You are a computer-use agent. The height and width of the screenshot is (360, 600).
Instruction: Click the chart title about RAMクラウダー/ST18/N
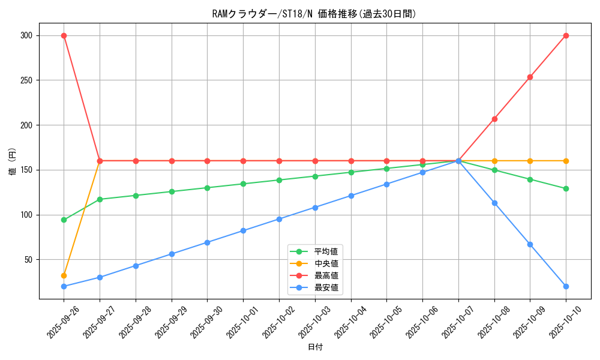(x=314, y=14)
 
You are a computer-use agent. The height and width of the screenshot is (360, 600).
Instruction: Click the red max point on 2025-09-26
(x=64, y=35)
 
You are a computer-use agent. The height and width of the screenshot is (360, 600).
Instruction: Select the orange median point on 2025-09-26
(x=64, y=275)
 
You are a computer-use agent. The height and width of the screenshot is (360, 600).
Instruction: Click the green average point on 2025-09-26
(x=64, y=220)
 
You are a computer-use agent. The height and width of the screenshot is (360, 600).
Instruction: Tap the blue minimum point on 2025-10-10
(x=566, y=286)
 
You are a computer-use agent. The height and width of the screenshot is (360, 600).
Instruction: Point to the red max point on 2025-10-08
(x=494, y=119)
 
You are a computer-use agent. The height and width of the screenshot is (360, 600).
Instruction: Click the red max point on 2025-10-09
(x=530, y=77)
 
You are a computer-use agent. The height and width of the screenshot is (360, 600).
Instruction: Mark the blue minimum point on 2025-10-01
(x=243, y=230)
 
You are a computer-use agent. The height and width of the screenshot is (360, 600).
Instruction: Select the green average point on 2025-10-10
(x=566, y=188)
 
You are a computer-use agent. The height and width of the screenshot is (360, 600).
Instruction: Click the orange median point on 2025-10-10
(x=566, y=161)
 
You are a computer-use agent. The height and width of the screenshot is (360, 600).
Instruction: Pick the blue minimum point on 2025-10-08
(x=494, y=203)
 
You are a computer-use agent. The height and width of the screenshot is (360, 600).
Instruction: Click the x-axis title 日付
(x=315, y=347)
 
